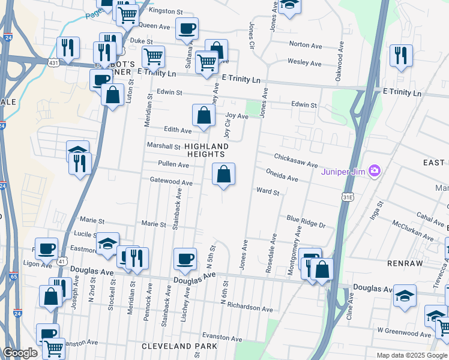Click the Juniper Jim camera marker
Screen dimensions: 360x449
pyautogui.click(x=375, y=171)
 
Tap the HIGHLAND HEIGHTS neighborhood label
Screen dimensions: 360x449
pyautogui.click(x=206, y=150)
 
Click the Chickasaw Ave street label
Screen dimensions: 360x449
pyautogui.click(x=295, y=160)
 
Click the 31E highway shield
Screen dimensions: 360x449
pyautogui.click(x=348, y=196)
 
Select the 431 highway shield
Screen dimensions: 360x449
pyautogui.click(x=52, y=62)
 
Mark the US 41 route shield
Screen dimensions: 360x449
pyautogui.click(x=61, y=262)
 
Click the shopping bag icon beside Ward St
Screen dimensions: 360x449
pyautogui.click(x=223, y=175)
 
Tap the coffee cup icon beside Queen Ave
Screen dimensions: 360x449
pyautogui.click(x=187, y=28)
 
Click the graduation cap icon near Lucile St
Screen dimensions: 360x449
pyautogui.click(x=107, y=244)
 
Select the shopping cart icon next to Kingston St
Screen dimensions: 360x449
pyautogui.click(x=127, y=14)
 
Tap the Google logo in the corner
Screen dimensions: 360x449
pyautogui.click(x=21, y=353)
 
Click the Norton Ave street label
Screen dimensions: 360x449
pyautogui.click(x=306, y=45)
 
